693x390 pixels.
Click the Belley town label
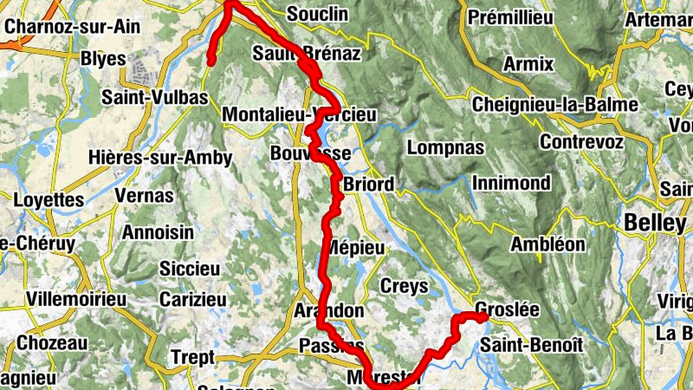pos(654,223)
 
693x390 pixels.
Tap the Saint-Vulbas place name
pos(155,97)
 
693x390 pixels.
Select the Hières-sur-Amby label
pos(160,158)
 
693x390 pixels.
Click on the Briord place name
pos(368,185)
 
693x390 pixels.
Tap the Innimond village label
pos(511,183)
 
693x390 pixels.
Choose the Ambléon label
pos(547,244)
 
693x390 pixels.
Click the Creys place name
pos(404,285)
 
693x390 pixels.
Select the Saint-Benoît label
pos(528,344)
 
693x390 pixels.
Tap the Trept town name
pos(192,357)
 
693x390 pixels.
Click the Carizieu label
pos(192,299)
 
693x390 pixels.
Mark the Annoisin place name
pos(158,232)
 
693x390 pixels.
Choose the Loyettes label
pos(49,200)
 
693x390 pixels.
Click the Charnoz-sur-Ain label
pos(61,25)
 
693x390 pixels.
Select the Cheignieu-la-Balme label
pos(555,104)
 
